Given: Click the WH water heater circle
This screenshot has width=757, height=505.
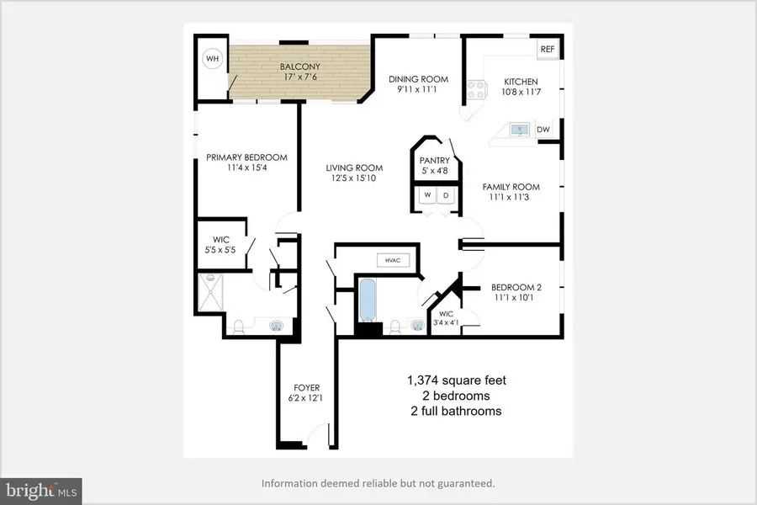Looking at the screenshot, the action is click(x=213, y=59).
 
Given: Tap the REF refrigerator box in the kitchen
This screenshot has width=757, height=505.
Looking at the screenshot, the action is click(x=548, y=50).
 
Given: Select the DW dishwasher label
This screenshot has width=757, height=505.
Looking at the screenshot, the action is click(x=543, y=130).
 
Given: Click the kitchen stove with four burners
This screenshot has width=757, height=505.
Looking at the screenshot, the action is click(x=477, y=90).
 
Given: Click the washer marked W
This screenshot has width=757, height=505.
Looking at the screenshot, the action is click(x=427, y=195).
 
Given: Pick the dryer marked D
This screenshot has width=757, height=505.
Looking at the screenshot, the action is click(x=446, y=195).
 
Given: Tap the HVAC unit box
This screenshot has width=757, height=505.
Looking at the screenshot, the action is click(x=393, y=260).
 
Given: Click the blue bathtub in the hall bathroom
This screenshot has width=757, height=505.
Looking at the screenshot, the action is click(x=368, y=300).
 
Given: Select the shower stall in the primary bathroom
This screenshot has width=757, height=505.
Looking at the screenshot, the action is click(x=211, y=292).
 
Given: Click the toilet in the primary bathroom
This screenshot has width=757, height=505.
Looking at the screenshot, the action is click(x=239, y=327).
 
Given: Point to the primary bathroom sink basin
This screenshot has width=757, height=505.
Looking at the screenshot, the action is click(x=277, y=327).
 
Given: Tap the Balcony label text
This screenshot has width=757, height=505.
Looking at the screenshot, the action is click(x=299, y=66).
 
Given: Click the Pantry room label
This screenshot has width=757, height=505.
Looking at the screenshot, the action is click(x=435, y=160).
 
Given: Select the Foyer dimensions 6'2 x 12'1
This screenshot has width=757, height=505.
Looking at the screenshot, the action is click(x=305, y=398).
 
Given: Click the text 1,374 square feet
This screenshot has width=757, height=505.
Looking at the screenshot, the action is click(x=457, y=380).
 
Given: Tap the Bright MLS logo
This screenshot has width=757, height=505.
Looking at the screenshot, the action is click(x=41, y=492).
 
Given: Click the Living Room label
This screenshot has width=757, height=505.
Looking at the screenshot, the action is click(x=354, y=167).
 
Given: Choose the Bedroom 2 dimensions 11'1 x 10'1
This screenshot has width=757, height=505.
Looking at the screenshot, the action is click(x=514, y=298).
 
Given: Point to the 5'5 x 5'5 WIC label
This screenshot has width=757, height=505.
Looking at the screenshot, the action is click(x=220, y=250).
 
